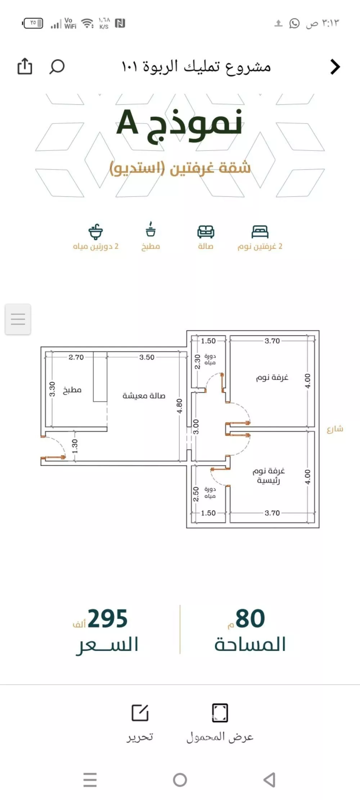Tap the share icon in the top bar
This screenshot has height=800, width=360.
pos(25,66)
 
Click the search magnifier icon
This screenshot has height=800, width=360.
pos(57,67)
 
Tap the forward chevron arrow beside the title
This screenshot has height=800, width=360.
pos(335,67)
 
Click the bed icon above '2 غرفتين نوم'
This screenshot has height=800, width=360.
pos(260,232)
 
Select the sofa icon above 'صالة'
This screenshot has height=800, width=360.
pos(206,232)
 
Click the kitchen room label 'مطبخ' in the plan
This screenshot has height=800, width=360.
pos(72,390)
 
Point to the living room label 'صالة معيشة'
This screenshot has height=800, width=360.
pos(144,396)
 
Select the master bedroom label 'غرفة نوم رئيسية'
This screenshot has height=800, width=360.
pos(269,475)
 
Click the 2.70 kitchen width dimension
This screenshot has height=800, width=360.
pos(76,357)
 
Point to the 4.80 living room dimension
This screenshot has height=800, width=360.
pos(179,406)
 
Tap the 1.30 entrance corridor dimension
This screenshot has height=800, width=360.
pos(75,446)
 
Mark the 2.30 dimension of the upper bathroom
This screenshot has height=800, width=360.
pos(197,362)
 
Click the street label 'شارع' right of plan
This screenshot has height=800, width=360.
pos(335,429)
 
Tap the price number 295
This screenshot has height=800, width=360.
pos(108,619)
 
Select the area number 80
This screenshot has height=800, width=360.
pos(250,619)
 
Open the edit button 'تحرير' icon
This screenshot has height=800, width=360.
pos(140,713)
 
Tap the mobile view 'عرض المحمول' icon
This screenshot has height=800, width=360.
pos(220,713)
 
